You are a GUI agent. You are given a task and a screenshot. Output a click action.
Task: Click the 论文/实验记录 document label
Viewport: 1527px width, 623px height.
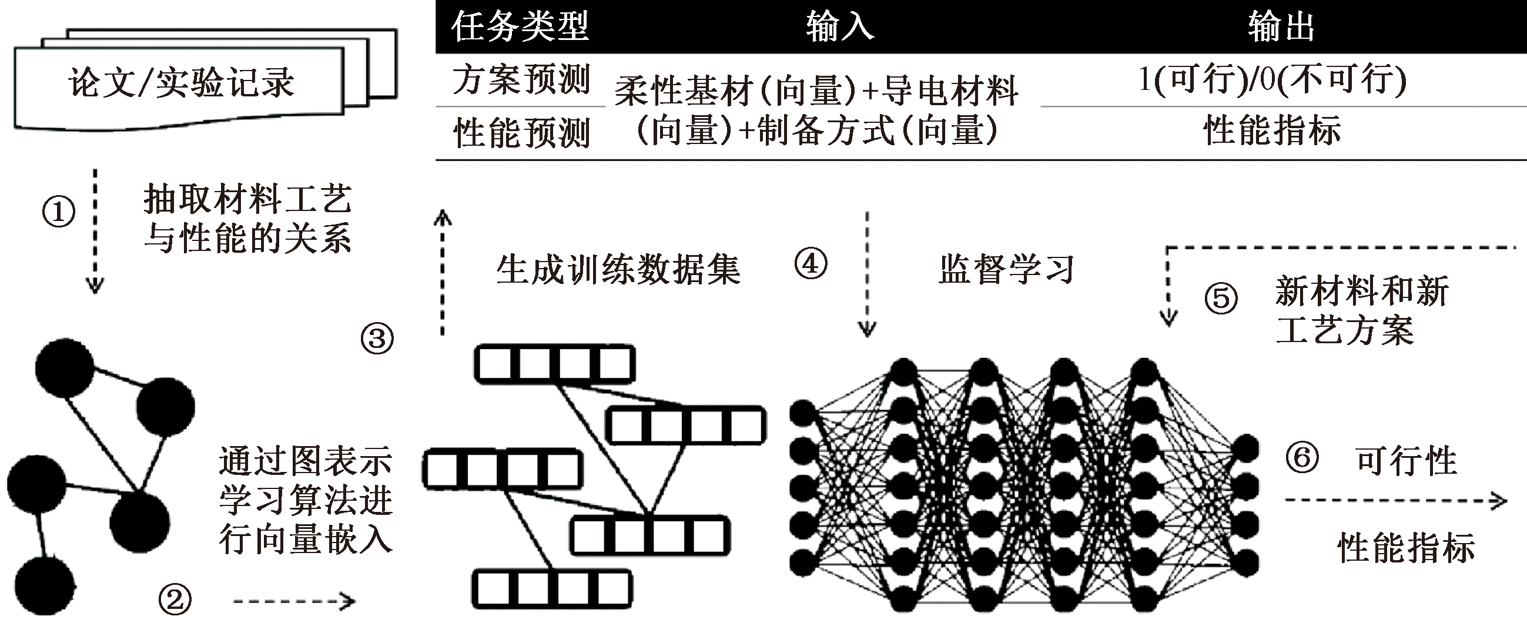181,82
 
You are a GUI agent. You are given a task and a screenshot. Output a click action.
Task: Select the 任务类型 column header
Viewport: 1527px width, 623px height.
520,26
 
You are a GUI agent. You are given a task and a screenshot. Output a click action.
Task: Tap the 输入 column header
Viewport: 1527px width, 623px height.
839,26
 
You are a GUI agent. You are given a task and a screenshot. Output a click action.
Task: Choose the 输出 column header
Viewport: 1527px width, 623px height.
1281,26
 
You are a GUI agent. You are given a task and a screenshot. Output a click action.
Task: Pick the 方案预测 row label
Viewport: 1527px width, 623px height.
521,79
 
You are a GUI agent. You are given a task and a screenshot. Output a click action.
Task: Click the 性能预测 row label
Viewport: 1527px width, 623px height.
521,132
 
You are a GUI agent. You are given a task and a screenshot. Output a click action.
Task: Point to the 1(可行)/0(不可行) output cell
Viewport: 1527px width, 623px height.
1272,79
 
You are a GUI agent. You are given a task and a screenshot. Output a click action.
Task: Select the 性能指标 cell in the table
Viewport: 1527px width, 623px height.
1272,130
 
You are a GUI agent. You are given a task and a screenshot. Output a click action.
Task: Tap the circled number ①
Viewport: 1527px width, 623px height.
59,212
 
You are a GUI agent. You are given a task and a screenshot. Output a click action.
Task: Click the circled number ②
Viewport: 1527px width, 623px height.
175,600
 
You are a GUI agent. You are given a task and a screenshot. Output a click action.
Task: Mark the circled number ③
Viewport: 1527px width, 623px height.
377,339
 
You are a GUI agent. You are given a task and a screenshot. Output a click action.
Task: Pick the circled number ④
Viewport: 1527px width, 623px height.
811,264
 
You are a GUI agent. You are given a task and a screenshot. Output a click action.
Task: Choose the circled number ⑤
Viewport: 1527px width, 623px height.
1221,298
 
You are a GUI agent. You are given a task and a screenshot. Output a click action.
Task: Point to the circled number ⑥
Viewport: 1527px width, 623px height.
1302,457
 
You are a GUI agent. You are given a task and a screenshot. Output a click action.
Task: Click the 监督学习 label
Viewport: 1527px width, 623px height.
1006,270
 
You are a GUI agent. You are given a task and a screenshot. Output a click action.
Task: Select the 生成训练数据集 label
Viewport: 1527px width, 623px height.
618,270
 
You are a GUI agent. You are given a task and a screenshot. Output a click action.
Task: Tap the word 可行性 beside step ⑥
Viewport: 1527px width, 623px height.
1406,461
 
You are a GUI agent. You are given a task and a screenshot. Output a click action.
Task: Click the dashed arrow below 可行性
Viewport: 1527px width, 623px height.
1395,501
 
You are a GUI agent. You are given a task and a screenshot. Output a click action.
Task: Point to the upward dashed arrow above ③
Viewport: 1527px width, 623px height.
442,273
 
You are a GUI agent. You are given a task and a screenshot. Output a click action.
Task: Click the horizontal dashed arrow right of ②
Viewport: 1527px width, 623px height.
293,602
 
